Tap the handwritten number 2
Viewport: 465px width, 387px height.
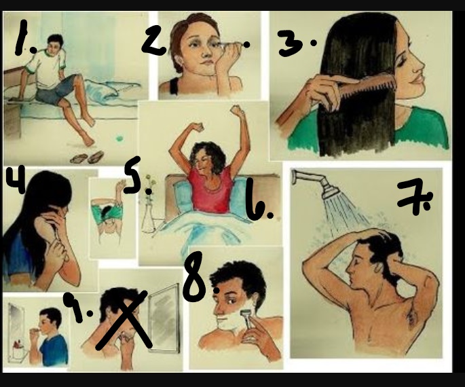click(x=153, y=40)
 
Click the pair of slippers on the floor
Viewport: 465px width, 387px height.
click(x=87, y=157)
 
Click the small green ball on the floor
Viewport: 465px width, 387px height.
click(x=119, y=139)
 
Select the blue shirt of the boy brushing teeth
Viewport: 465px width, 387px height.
click(x=54, y=351)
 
